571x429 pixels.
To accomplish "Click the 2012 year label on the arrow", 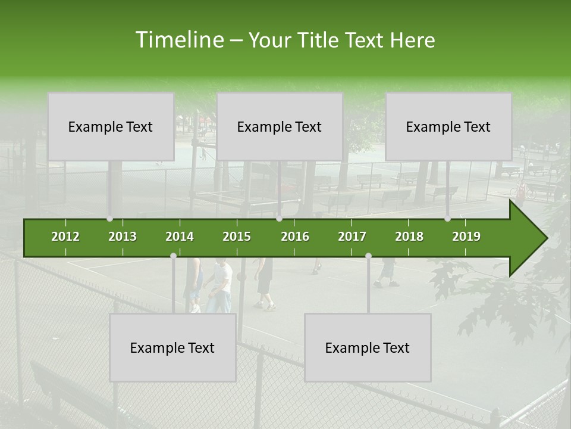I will (65, 237).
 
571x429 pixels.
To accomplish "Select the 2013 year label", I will (123, 237).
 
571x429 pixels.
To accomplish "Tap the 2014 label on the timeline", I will (180, 237).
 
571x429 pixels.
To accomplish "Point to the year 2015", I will (237, 237).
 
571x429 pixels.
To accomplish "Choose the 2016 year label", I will (295, 237).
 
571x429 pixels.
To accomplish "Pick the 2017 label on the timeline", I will (352, 237).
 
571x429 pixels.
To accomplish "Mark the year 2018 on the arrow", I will (409, 237).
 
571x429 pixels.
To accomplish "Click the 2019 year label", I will (466, 237).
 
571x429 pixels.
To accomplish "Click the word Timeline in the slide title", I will (178, 40).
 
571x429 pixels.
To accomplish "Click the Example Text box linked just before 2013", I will (111, 126).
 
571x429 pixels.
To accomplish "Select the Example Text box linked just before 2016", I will (280, 126).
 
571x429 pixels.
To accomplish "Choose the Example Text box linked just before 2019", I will (448, 126).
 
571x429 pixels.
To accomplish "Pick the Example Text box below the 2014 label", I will (172, 347).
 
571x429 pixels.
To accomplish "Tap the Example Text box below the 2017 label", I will (368, 347).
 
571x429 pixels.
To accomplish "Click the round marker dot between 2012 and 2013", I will (109, 219).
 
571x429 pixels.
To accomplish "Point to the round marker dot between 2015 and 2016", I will (279, 219).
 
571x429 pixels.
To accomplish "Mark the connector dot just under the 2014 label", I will (173, 256).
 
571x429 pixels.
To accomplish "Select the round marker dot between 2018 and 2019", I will (447, 219).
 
